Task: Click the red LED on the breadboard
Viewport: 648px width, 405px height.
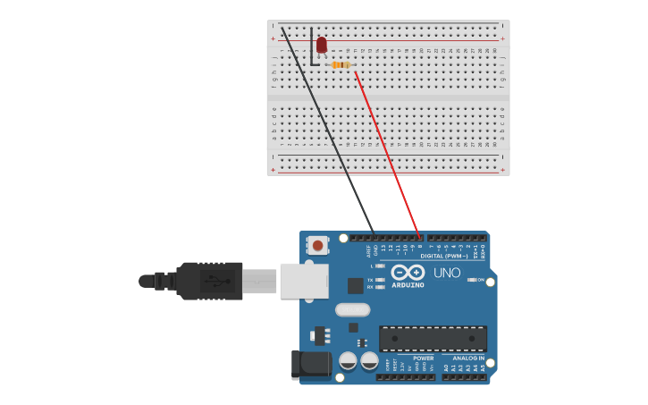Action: tap(322, 44)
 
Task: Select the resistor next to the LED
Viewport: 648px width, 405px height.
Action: tap(341, 64)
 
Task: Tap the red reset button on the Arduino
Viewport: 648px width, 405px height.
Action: tap(317, 244)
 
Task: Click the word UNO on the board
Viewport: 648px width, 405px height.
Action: tap(447, 273)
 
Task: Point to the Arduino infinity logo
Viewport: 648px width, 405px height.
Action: tap(408, 272)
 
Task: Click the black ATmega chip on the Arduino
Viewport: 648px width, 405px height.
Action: tap(433, 339)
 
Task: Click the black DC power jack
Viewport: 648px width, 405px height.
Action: tap(311, 364)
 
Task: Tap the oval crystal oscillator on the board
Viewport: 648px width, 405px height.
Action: tap(353, 310)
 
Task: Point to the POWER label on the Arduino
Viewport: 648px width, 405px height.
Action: tap(423, 358)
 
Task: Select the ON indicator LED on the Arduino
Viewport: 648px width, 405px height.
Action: tap(472, 280)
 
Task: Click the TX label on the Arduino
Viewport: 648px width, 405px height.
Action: tap(370, 280)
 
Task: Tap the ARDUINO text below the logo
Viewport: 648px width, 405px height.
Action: tap(408, 285)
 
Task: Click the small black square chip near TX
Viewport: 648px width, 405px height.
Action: tap(356, 285)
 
